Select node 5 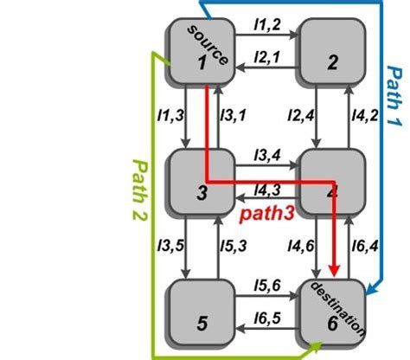coord(202,312)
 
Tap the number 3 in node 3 coord(202,194)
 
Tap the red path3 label coord(267,212)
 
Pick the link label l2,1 coord(266,57)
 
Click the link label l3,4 coord(266,156)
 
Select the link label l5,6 coord(266,286)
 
